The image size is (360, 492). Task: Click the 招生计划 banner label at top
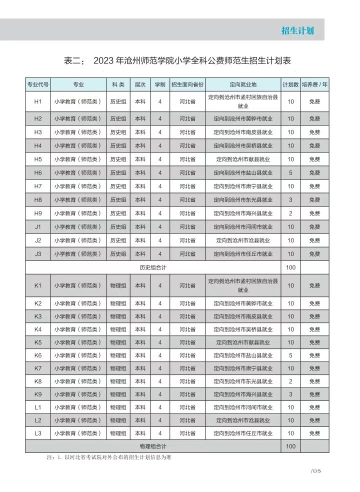297,30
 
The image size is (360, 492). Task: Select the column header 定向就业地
243,84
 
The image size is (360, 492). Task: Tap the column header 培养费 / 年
314,84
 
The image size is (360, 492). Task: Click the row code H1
38,102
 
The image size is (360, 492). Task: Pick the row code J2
38,240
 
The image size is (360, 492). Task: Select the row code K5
38,342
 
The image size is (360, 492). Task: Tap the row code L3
38,433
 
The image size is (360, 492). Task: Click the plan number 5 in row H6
290,173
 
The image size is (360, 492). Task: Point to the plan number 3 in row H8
290,200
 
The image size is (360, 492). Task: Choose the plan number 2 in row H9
290,213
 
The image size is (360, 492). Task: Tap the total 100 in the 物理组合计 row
290,446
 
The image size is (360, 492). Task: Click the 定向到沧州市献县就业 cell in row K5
243,342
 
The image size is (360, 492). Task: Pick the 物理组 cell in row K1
118,285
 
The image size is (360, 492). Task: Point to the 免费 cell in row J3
314,254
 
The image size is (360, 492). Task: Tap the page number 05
318,471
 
